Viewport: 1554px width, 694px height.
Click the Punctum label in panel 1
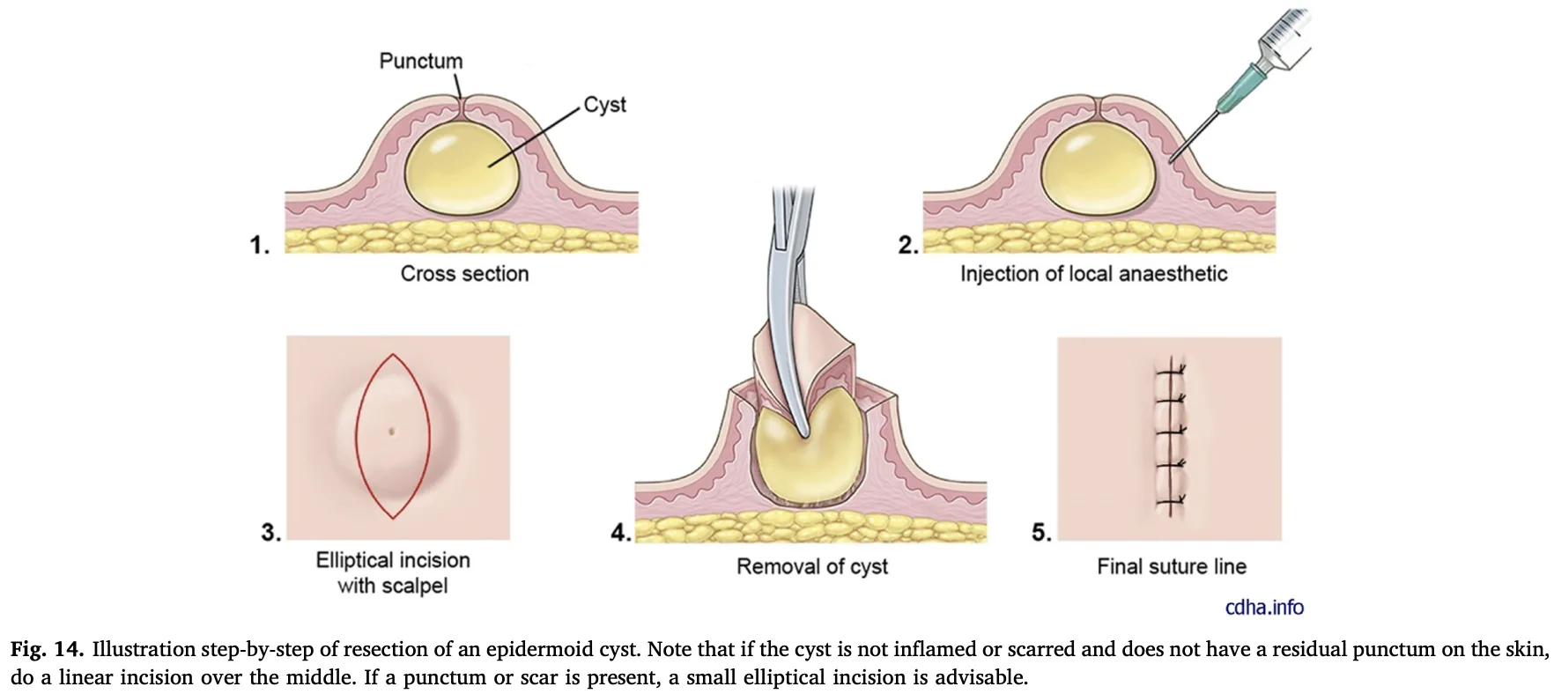click(x=420, y=61)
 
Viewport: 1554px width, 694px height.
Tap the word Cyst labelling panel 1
click(x=604, y=104)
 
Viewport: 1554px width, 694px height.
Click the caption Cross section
click(x=464, y=274)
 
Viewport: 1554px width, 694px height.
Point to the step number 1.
click(x=259, y=245)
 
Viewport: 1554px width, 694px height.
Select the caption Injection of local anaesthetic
click(x=1093, y=274)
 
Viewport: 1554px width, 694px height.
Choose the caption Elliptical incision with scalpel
click(x=393, y=572)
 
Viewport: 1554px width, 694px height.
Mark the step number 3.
click(x=270, y=532)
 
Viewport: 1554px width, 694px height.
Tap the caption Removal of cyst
click(x=811, y=566)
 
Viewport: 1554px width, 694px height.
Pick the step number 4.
click(x=621, y=532)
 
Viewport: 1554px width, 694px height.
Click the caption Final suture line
click(x=1172, y=566)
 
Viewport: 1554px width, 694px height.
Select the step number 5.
click(x=1041, y=532)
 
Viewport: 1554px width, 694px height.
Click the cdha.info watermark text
click(x=1264, y=607)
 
